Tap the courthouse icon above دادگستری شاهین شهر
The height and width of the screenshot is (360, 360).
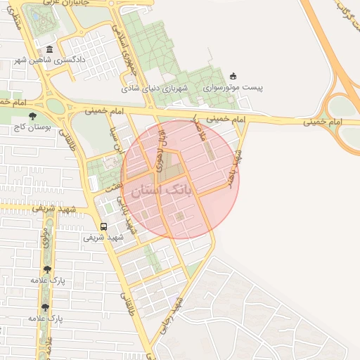pyautogui.click(x=49, y=51)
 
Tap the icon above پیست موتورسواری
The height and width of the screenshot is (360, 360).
pyautogui.click(x=233, y=76)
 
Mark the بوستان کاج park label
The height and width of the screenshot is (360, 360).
pyautogui.click(x=29, y=128)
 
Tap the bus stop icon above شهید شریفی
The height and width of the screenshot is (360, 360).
pyautogui.click(x=104, y=226)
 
